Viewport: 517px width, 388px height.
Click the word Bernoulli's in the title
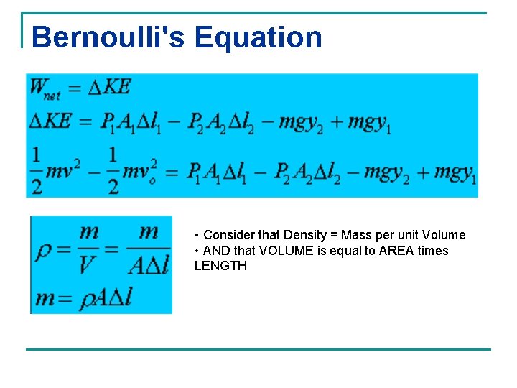pos(108,37)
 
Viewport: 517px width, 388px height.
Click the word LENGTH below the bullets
pos(220,266)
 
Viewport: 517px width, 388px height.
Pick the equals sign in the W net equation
pos(75,88)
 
